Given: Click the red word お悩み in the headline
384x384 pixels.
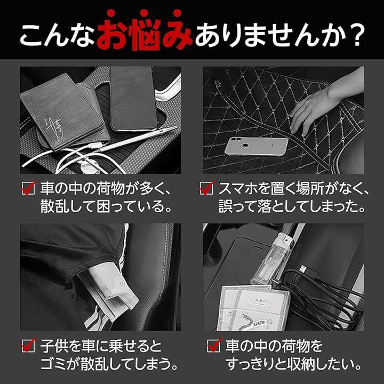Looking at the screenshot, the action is [145, 30].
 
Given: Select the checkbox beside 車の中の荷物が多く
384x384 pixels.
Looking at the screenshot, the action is [28, 188].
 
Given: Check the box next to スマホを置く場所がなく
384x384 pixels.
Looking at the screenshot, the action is [207, 188].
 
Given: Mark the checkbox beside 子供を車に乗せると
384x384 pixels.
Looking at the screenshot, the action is [28, 345].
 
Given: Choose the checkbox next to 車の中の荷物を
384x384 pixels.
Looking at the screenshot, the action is [214, 345].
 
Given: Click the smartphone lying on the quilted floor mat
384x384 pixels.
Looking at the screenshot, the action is [256, 146].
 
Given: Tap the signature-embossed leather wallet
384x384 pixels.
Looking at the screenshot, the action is [64, 111].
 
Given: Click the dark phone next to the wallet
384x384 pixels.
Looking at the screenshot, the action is [133, 99].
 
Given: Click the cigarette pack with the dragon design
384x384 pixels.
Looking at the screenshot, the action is [253, 309].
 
